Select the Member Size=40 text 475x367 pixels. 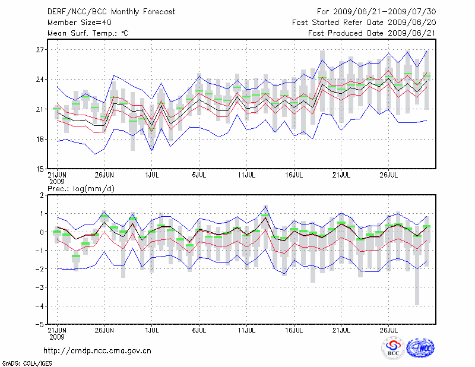(75, 22)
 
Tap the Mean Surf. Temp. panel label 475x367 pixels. (88, 33)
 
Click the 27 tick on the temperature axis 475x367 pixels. (40, 50)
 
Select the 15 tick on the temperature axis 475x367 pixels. (40, 169)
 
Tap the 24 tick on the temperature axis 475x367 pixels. (40, 80)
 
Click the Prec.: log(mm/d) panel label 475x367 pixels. (81, 189)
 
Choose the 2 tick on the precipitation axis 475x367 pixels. (42, 195)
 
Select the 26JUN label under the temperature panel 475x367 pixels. (104, 175)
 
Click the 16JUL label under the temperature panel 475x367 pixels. (294, 175)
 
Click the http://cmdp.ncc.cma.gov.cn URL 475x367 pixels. (97, 350)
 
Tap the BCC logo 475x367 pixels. (393, 349)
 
